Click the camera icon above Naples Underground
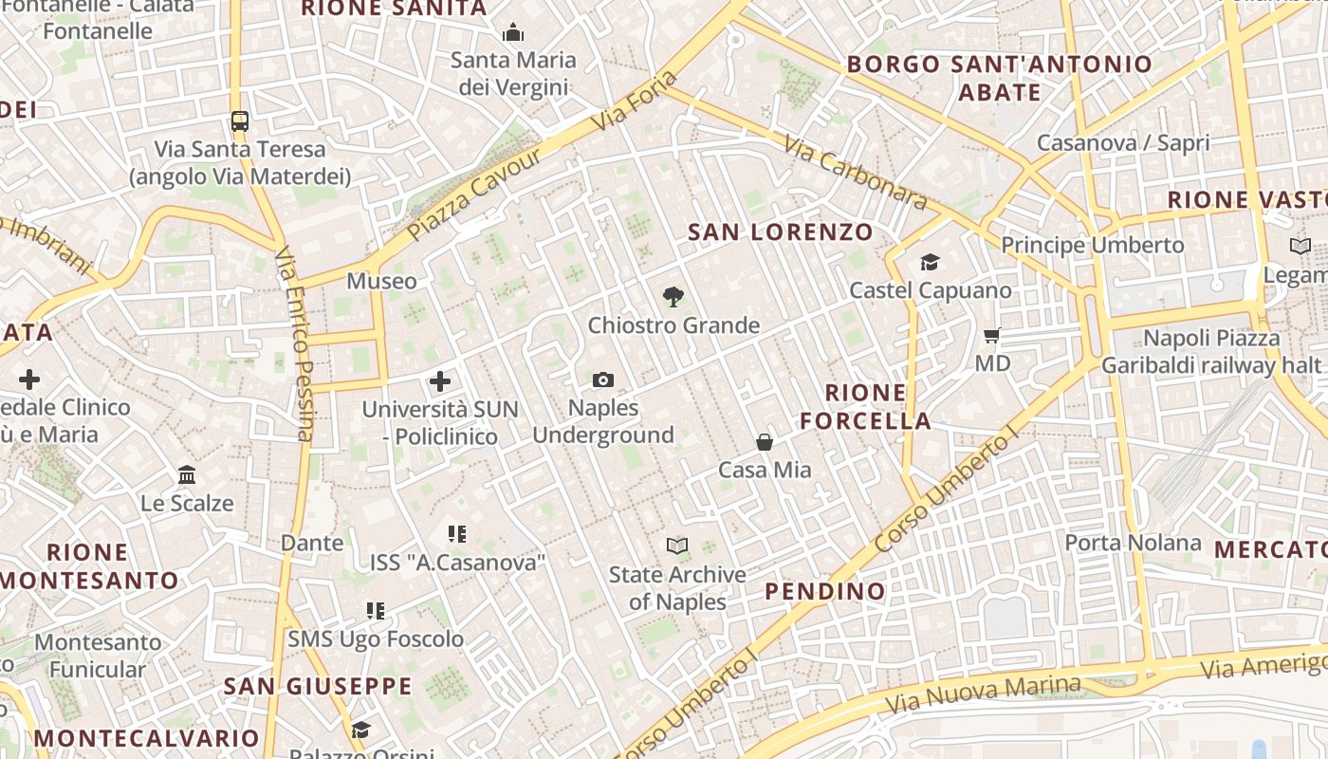602,380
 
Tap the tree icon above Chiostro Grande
673,297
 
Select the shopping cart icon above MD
992,335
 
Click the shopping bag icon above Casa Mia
765,442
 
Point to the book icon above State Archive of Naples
676,546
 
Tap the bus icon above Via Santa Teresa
240,121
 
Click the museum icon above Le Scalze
187,474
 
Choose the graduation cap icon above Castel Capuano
930,262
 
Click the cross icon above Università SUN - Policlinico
440,381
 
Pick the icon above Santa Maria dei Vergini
513,33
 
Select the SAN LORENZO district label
781,231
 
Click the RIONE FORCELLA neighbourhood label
865,407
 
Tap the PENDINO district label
825,591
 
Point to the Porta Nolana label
1133,543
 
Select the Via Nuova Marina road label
982,695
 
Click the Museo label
381,281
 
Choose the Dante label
312,543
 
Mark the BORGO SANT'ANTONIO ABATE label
1000,78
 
